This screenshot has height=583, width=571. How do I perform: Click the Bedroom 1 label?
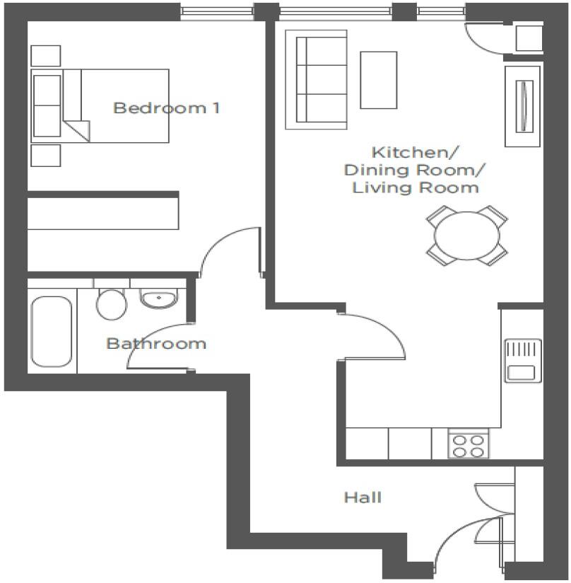pos(166,108)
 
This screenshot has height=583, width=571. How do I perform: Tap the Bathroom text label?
pos(156,344)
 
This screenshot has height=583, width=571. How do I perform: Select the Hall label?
pos(363,498)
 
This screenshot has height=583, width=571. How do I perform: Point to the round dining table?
pos(467,236)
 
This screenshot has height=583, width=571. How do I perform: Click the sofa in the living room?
pos(316,79)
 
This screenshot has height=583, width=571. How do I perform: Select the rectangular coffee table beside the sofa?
pos(379,79)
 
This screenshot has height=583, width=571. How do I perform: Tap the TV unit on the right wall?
pos(523,105)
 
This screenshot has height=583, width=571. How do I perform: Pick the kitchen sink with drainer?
pos(522,360)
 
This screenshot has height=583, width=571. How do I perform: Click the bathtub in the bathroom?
pos(52,330)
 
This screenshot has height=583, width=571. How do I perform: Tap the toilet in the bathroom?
pos(111,302)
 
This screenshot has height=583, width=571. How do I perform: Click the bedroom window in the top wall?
pos(216,10)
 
